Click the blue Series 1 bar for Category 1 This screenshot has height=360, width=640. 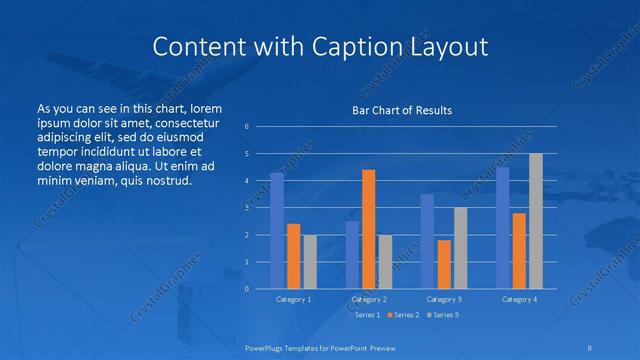[277, 231]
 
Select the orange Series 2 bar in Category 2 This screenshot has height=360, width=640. [368, 229]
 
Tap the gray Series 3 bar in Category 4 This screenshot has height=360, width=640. [536, 221]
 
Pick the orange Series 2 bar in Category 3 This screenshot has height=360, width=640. [444, 264]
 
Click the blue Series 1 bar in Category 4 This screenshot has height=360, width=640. [502, 228]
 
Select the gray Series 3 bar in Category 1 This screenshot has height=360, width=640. [310, 262]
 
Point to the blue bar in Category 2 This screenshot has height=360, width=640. [352, 255]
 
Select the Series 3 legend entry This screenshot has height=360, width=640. [443, 315]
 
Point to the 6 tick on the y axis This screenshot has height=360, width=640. [246, 127]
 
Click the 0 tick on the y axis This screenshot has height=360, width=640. [246, 289]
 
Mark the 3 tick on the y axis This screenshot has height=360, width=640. [246, 208]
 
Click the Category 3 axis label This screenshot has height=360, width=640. [444, 299]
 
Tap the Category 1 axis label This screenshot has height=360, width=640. [294, 299]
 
